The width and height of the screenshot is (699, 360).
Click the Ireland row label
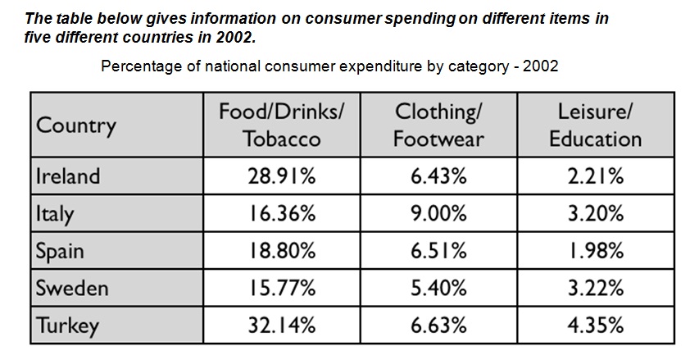(68, 176)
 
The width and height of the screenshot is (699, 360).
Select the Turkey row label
(67, 326)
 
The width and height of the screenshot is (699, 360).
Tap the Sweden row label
(72, 289)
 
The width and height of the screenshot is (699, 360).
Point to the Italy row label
(55, 214)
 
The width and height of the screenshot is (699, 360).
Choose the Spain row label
(59, 251)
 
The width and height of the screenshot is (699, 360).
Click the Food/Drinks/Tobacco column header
(282, 125)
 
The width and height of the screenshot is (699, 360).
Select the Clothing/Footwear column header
(438, 125)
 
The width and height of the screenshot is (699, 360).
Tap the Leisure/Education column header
(595, 125)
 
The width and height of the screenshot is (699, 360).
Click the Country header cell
(76, 126)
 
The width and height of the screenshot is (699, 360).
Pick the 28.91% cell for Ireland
(282, 176)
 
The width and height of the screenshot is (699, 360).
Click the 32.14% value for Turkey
(282, 326)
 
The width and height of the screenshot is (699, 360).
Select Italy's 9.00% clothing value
(438, 214)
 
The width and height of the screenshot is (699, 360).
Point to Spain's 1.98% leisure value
(595, 251)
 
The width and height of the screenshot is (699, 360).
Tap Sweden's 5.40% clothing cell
(438, 289)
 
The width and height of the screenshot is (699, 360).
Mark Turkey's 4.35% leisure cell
(595, 326)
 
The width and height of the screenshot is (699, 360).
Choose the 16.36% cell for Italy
(282, 214)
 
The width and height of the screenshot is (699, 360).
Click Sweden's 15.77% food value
(282, 289)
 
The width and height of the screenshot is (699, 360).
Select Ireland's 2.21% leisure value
(595, 176)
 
